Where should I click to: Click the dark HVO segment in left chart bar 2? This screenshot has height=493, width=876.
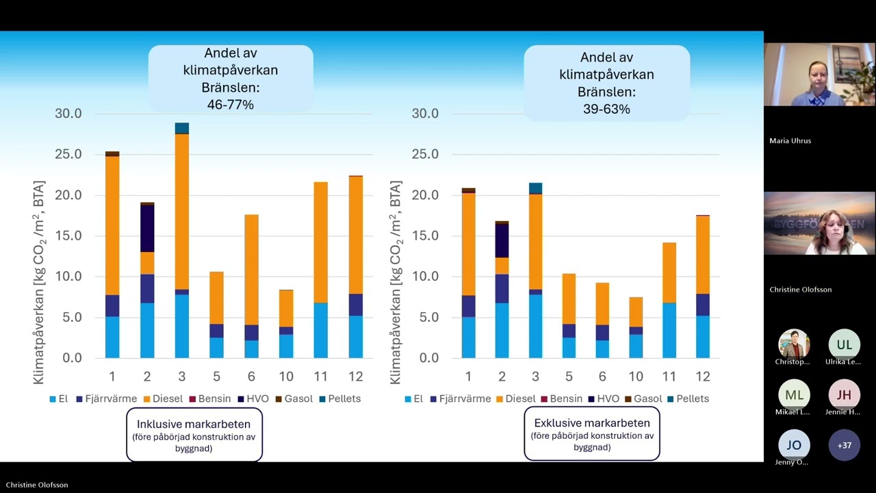click(x=147, y=228)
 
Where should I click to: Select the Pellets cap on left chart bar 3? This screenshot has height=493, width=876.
click(x=182, y=128)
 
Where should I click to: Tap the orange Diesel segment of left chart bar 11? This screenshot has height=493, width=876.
click(x=321, y=242)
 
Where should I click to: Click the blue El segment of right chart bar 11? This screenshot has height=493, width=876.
click(x=669, y=330)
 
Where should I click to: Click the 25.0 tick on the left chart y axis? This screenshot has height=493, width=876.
click(x=68, y=154)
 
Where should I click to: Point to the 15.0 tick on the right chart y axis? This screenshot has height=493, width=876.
click(x=425, y=236)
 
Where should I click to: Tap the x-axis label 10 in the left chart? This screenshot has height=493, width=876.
click(x=286, y=376)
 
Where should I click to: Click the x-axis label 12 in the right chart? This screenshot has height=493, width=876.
click(x=704, y=376)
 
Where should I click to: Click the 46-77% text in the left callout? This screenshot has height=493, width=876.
click(x=230, y=104)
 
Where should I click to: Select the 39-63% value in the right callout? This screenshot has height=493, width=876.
click(x=606, y=109)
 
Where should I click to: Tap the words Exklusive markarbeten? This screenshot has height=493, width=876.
click(x=591, y=422)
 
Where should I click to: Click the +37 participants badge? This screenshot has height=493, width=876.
click(x=845, y=445)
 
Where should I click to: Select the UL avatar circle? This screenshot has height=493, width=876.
click(x=845, y=344)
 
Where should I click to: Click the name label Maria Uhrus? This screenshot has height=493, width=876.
click(x=790, y=140)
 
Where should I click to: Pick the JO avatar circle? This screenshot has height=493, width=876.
click(x=794, y=445)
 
